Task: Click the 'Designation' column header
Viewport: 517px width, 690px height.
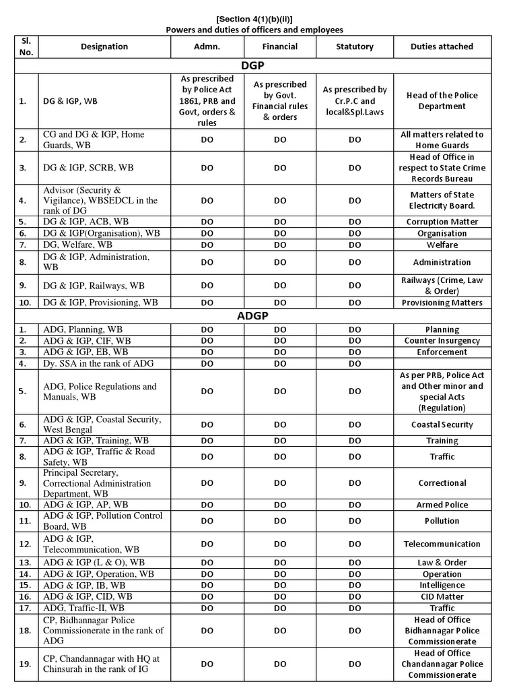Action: click(104, 46)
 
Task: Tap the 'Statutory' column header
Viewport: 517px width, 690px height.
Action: click(355, 46)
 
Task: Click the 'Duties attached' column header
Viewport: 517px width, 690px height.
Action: click(442, 46)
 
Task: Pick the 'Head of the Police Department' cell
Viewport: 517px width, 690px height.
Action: click(442, 101)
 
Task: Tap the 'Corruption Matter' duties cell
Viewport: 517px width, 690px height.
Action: click(442, 222)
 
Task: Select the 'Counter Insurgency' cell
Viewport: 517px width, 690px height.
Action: click(442, 341)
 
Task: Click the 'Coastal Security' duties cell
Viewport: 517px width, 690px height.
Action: click(442, 425)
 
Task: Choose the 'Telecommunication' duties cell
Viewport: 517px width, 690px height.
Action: click(442, 544)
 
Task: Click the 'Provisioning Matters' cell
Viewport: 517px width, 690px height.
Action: click(442, 303)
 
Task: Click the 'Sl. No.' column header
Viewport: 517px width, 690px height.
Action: click(24, 46)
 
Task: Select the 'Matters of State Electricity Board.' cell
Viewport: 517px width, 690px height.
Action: click(442, 200)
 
